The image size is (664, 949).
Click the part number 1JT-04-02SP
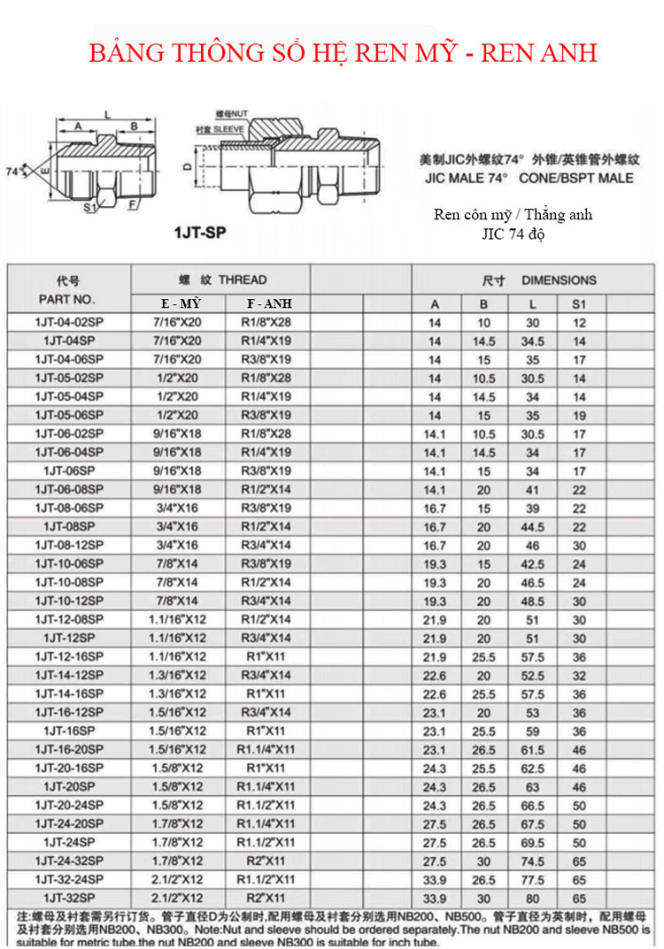pyautogui.click(x=69, y=322)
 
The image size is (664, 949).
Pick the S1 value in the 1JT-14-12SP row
pyautogui.click(x=579, y=675)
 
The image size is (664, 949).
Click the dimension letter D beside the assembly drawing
pyautogui.click(x=187, y=165)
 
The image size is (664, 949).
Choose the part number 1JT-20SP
pyautogui.click(x=69, y=786)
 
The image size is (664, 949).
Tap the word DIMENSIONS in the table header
pyautogui.click(x=559, y=280)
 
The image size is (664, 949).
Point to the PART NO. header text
pyautogui.click(x=67, y=299)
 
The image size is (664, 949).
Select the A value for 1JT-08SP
pyautogui.click(x=435, y=526)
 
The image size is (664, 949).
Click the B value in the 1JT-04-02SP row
pyautogui.click(x=483, y=322)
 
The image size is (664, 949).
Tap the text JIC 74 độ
pyautogui.click(x=513, y=233)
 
